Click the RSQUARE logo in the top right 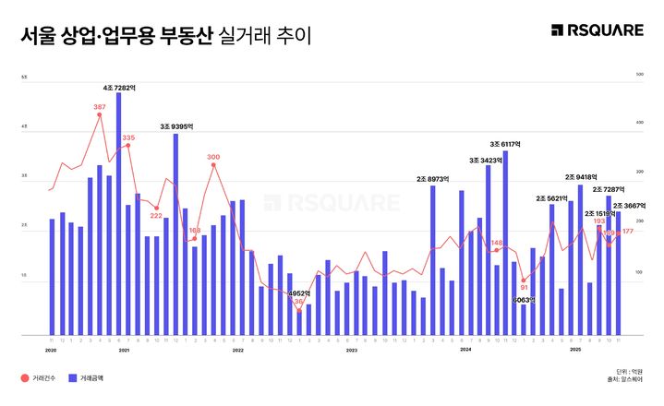tap(597, 30)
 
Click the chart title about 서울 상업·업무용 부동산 tap(166, 36)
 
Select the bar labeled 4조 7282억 tap(118, 213)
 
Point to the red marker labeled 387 tap(99, 115)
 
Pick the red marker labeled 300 tap(213, 165)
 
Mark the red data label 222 tap(156, 216)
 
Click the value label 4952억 tap(298, 293)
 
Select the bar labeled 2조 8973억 tap(432, 259)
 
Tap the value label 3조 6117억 tap(505, 144)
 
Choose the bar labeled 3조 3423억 tap(489, 249)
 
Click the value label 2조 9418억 tap(582, 177)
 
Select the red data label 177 tap(628, 231)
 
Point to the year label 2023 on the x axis tap(351, 350)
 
